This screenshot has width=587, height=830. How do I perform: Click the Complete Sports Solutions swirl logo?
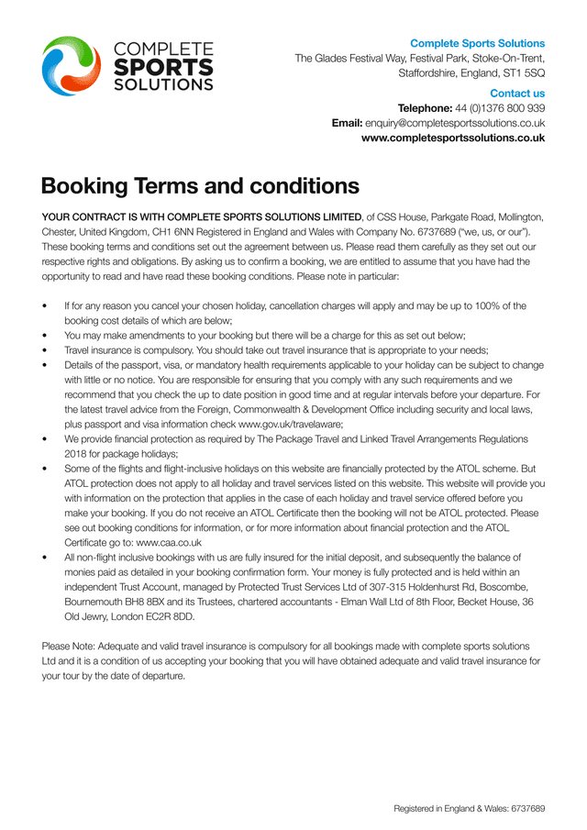pos(71,66)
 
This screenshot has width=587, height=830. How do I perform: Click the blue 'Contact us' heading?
pos(517,94)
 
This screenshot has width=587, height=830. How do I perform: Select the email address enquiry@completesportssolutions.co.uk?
pos(455,123)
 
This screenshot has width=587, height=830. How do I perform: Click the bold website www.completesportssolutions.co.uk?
pos(453,138)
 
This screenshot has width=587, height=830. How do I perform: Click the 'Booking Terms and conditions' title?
pos(200,186)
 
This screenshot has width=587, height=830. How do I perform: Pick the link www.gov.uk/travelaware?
pos(290,425)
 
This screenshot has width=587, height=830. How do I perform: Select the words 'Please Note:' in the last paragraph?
pos(67,647)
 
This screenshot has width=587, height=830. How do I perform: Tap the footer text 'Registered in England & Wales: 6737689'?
pos(470,809)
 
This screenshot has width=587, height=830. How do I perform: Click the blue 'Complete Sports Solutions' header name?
pos(477,43)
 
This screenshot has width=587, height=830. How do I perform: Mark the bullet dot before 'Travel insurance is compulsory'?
pos(44,350)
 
